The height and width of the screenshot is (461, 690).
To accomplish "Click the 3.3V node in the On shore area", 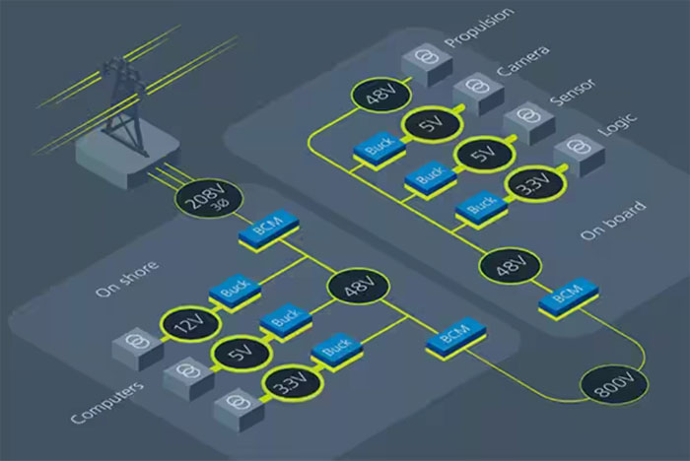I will pyautogui.click(x=287, y=386).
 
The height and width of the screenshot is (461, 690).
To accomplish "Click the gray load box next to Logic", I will pyautogui.click(x=573, y=156).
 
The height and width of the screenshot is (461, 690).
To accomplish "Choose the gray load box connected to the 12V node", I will pyautogui.click(x=135, y=348).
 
